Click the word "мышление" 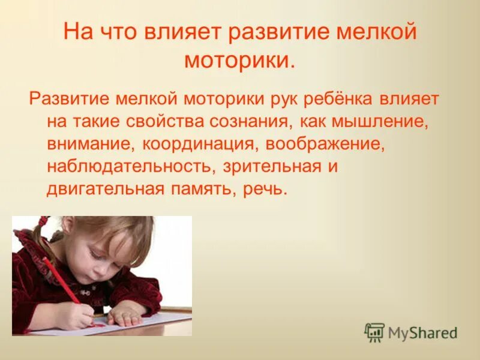[368, 121]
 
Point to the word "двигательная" [105, 190]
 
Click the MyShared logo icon [374, 332]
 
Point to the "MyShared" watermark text [422, 332]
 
